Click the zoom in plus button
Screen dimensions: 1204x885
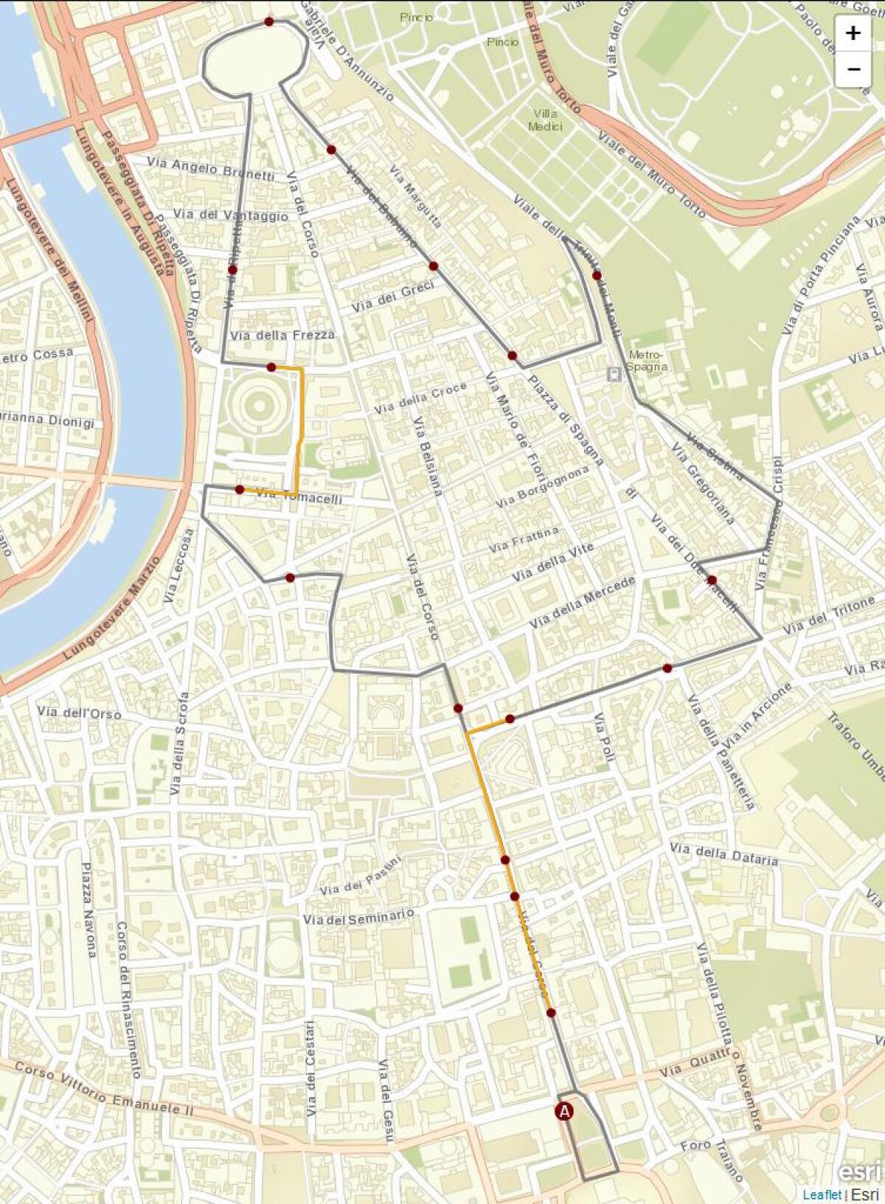pos(853,33)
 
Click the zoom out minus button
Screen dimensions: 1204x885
pos(853,69)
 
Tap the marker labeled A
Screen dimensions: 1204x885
pos(564,1111)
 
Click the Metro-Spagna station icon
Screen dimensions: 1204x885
pos(614,374)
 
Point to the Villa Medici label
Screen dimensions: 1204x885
pos(545,120)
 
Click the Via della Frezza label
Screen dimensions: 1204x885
pos(282,335)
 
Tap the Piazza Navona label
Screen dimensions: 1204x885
pos(88,910)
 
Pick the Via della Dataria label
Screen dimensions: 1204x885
pos(724,854)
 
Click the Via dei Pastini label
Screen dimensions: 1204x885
pos(361,876)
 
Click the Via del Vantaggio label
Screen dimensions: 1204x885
pos(231,215)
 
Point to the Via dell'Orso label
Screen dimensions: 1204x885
pos(79,713)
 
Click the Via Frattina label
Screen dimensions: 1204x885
pos(524,540)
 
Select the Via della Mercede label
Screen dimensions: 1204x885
pos(583,602)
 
